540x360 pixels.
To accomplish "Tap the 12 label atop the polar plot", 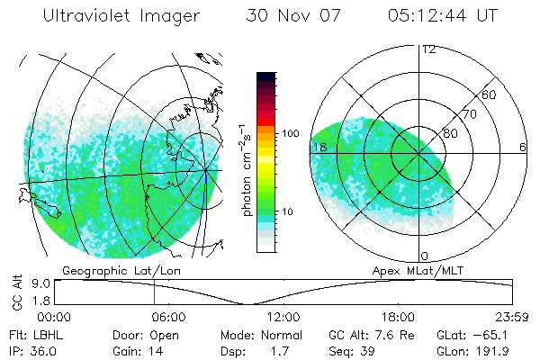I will click(428, 49).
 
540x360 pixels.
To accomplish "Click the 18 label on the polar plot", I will click(319, 147).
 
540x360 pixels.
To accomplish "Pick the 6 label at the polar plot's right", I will click(523, 147).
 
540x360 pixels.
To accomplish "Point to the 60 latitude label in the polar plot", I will click(490, 94).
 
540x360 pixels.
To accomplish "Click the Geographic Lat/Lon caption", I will click(109, 270).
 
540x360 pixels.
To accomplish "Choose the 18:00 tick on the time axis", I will click(399, 317).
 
